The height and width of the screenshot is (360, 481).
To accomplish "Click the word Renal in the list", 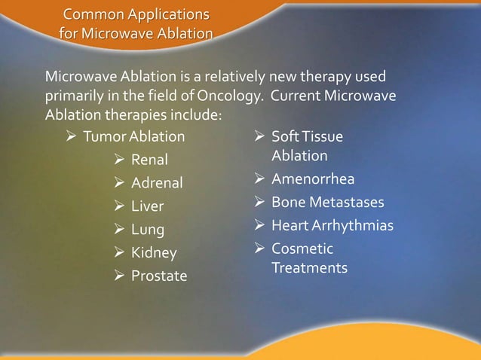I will (x=150, y=160).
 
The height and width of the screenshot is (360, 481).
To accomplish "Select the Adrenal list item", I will (x=157, y=183).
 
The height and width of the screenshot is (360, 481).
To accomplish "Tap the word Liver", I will (x=148, y=206).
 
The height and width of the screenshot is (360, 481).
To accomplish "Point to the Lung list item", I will (x=148, y=230).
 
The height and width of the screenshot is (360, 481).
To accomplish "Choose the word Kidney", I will (x=154, y=253).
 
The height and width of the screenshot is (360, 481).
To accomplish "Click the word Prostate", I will (x=159, y=276).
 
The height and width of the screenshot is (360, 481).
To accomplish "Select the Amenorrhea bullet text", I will (x=313, y=179).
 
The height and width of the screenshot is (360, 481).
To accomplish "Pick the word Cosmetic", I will (x=302, y=249).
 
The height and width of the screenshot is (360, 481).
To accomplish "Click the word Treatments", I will (x=309, y=268).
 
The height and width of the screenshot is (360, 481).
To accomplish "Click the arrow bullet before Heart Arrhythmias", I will (x=259, y=226).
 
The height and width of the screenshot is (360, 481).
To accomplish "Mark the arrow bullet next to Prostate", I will (x=118, y=276).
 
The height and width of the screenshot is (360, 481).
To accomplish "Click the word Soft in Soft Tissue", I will (x=284, y=136).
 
